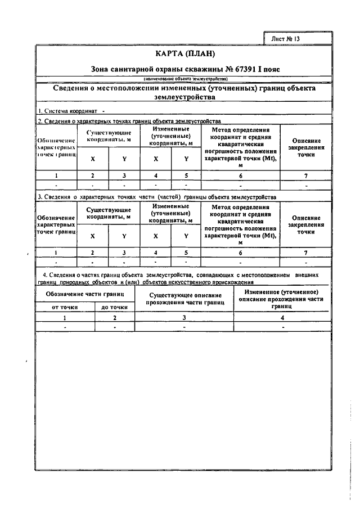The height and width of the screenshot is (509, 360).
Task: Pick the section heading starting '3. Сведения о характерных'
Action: click(x=156, y=197)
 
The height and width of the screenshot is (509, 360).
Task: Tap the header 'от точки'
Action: click(x=65, y=307)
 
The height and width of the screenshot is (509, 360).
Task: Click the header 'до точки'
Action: click(x=114, y=307)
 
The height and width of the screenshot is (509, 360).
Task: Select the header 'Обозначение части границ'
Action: click(x=85, y=294)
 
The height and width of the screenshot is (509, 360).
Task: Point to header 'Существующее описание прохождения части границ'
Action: click(x=184, y=299)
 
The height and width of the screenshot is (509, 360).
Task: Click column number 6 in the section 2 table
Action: click(x=240, y=175)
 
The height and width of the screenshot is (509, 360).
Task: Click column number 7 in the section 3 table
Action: click(x=305, y=253)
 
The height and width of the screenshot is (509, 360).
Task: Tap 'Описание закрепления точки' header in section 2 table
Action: click(x=305, y=147)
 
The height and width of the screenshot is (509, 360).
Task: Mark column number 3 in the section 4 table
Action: click(x=184, y=318)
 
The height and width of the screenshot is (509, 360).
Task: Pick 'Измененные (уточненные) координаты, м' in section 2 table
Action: click(x=170, y=136)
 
